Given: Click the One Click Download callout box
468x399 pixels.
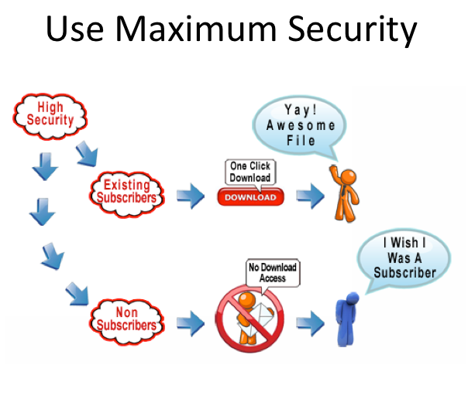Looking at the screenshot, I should click(x=249, y=172).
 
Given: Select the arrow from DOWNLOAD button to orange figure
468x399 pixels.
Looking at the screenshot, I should click(x=311, y=196).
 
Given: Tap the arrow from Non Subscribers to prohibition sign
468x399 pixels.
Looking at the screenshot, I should click(x=190, y=319).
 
